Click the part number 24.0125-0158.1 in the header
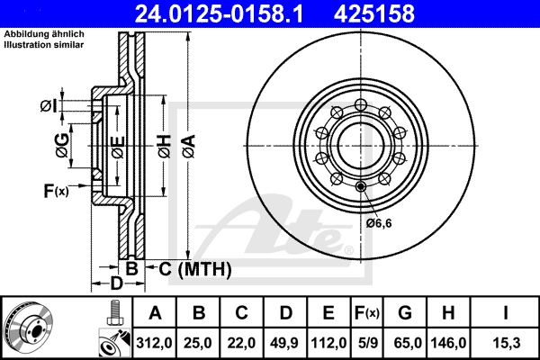click(x=219, y=13)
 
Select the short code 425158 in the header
click(x=374, y=13)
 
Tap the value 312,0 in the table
click(x=154, y=343)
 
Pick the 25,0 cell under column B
click(x=198, y=343)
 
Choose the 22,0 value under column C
click(x=241, y=343)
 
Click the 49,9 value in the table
click(x=284, y=343)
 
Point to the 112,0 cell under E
click(x=328, y=343)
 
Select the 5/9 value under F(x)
click(x=368, y=343)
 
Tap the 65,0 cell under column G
click(x=408, y=343)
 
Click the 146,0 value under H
click(x=448, y=343)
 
